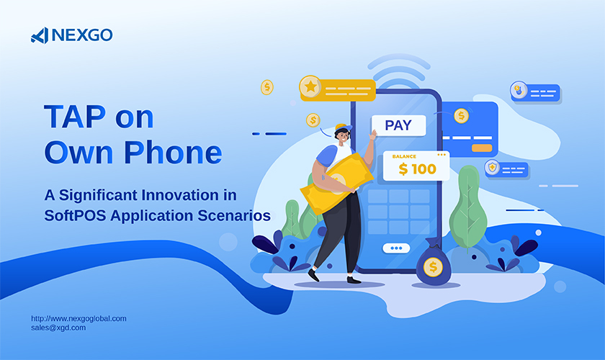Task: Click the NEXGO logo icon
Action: [40, 35]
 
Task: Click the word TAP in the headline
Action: [75, 117]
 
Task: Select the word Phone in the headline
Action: [173, 153]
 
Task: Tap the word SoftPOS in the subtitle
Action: [75, 215]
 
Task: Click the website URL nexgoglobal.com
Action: [79, 319]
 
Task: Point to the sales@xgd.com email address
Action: [58, 328]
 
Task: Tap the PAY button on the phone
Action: [398, 125]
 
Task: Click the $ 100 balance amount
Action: [418, 169]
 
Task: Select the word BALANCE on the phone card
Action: [404, 156]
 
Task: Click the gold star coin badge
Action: [310, 86]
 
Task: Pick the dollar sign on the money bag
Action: [433, 266]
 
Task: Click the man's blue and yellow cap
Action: [344, 128]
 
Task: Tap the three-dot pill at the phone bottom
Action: [396, 248]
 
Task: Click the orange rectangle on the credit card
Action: [482, 148]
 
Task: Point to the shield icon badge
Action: [492, 168]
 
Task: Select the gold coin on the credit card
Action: [461, 116]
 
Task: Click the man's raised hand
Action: [373, 135]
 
